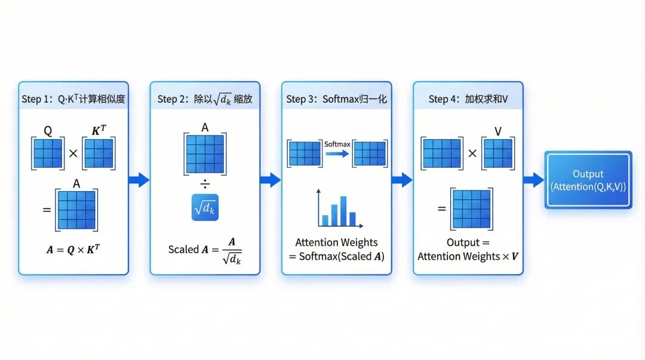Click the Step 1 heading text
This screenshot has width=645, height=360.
(73, 99)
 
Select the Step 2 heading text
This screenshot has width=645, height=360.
(205, 99)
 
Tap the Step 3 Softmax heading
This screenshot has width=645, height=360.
(336, 99)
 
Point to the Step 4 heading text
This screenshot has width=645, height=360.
(468, 99)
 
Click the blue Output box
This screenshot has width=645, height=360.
(588, 180)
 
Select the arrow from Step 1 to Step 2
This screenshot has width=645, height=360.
(139, 180)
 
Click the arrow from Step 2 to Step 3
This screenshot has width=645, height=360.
(271, 180)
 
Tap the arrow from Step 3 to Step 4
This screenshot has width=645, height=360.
(402, 180)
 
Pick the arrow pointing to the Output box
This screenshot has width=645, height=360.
(533, 180)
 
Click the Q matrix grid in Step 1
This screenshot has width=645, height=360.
(47, 153)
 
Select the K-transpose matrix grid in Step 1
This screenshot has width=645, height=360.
(99, 153)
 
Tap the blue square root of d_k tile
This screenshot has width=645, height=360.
(205, 207)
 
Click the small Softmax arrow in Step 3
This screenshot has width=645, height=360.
(337, 153)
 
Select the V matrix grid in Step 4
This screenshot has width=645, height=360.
(497, 153)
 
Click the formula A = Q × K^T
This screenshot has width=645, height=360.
(73, 250)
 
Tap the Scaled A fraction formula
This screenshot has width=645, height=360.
(205, 250)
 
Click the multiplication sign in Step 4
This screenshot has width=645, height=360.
(472, 153)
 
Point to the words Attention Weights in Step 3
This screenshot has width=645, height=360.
(336, 242)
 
